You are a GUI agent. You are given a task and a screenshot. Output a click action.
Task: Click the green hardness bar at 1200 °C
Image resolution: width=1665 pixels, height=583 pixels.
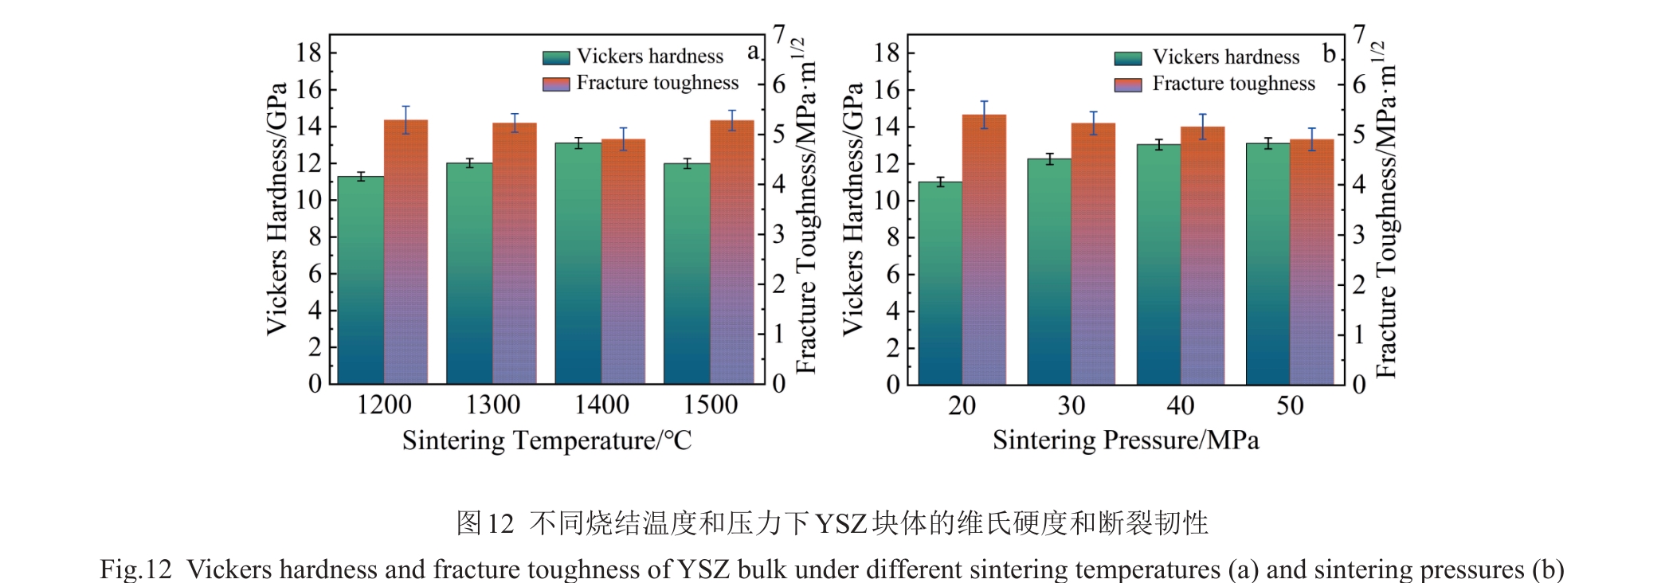(361, 279)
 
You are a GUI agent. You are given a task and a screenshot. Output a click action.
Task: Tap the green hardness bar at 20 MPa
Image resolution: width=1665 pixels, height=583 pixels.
(940, 283)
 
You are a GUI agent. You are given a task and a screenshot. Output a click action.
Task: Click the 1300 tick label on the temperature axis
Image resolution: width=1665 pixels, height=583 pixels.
(492, 405)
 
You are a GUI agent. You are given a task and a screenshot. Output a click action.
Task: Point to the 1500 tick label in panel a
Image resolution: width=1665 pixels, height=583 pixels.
(710, 405)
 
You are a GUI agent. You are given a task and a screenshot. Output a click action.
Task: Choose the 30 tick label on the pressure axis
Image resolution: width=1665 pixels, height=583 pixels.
(1071, 406)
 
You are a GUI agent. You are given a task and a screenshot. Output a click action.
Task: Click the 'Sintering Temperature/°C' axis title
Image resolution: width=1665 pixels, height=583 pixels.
(547, 440)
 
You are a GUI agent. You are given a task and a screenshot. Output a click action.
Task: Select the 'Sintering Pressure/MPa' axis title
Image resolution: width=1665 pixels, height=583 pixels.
(1125, 440)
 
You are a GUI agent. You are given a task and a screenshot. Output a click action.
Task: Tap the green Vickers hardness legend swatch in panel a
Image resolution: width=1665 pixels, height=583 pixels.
(556, 57)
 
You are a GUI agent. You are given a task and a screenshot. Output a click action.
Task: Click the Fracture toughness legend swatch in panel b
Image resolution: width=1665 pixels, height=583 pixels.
(1128, 84)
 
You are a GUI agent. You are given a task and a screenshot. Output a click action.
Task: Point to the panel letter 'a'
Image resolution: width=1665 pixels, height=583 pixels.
(753, 53)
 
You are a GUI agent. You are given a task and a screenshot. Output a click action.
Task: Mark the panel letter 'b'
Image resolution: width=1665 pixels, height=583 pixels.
(1329, 53)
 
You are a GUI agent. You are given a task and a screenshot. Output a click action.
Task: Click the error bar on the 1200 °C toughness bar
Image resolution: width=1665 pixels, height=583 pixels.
(406, 119)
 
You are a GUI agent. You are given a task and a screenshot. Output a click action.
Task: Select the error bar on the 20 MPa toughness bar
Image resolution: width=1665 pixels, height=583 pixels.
(984, 115)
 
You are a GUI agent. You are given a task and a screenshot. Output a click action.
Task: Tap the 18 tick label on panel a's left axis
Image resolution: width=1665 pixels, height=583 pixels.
(309, 53)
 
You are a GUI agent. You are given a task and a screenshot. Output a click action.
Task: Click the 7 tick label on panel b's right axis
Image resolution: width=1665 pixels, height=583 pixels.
(1359, 34)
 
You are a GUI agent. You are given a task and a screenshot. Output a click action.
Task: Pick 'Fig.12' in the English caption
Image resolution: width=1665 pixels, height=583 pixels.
(135, 569)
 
